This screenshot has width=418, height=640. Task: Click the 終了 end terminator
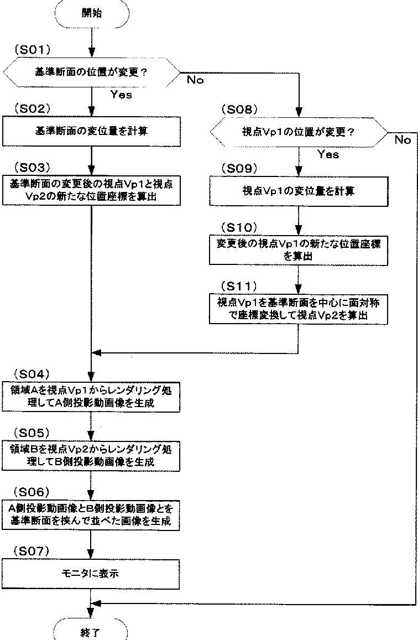click(91, 631)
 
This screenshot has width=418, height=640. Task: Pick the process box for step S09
click(299, 191)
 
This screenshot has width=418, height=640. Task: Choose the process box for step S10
click(299, 249)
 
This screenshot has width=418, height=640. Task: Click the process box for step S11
click(299, 309)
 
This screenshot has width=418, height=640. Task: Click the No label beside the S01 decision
click(195, 80)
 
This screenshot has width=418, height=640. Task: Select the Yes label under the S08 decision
click(328, 154)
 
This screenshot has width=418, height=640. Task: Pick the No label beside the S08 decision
click(403, 140)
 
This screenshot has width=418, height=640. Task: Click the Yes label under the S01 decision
click(121, 95)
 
